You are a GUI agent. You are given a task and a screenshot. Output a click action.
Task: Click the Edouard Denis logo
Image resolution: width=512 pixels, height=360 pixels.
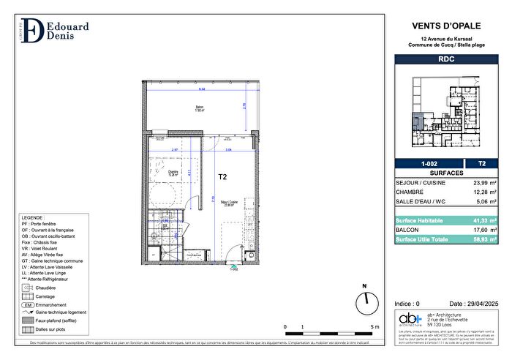52,30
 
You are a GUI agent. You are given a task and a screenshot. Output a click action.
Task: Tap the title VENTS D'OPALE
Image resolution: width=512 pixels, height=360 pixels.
445,26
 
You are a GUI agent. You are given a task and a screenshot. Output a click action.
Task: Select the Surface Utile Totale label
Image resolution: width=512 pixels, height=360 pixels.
423,239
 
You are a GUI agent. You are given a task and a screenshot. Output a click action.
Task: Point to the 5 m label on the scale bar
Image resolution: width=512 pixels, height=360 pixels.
374,327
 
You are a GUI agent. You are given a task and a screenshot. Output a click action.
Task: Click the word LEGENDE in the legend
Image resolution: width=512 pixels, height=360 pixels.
32,219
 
